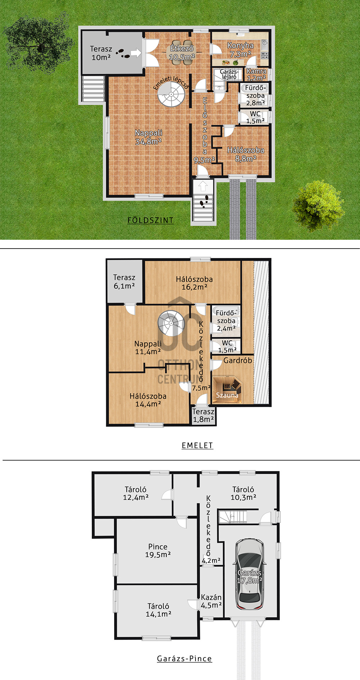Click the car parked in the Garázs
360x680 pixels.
tap(249, 575)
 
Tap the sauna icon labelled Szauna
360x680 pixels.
tap(227, 390)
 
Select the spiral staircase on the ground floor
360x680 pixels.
tap(171, 94)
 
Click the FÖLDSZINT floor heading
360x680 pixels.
tap(150, 220)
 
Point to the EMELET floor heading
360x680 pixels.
tap(197, 445)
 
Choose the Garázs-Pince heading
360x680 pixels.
tap(184, 658)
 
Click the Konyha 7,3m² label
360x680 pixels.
tap(240, 50)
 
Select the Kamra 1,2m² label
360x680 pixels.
tap(256, 74)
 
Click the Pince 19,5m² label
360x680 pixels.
tap(158, 550)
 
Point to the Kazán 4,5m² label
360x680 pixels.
tap(211, 601)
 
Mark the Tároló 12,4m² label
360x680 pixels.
tap(136, 493)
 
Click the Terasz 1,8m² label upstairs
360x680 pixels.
tap(203, 415)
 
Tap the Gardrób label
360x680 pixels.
tap(238, 360)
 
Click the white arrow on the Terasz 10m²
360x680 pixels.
tap(136, 53)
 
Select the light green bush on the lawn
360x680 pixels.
tap(318, 205)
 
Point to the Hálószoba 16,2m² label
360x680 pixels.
tap(194, 283)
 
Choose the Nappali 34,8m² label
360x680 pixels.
tap(148, 137)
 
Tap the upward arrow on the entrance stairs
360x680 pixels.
tap(203, 186)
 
